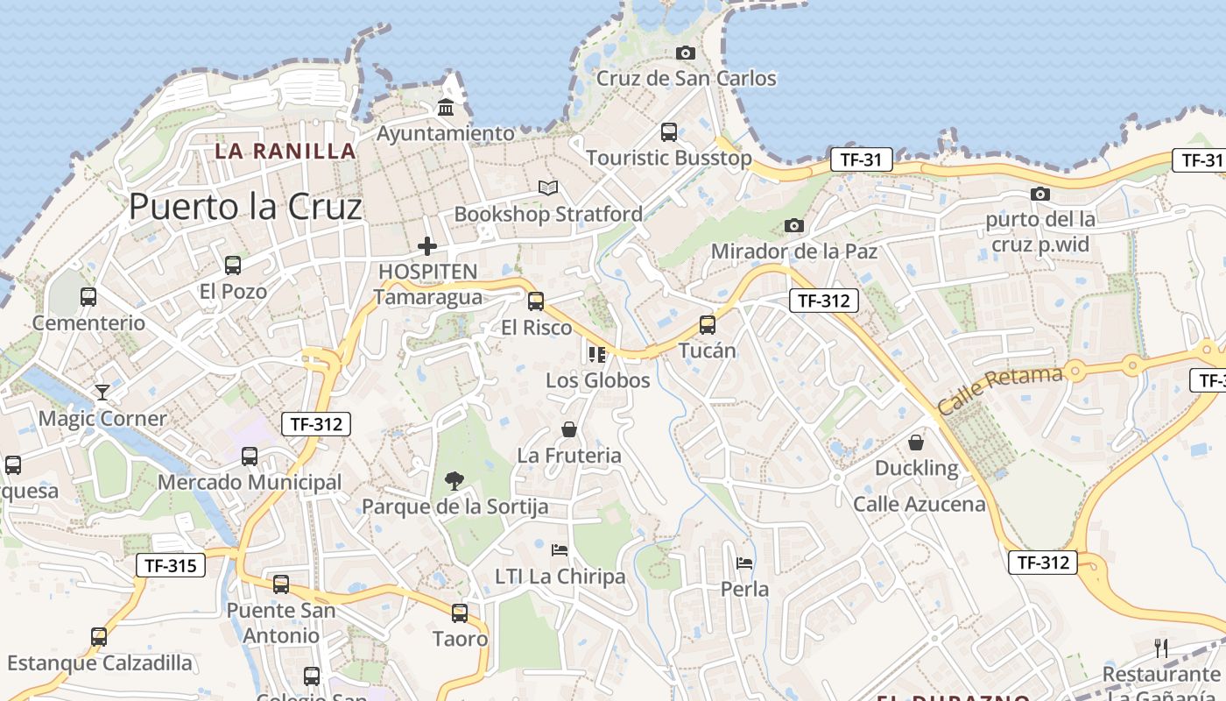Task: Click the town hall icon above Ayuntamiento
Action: click(x=446, y=108)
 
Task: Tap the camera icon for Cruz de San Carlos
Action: click(x=686, y=53)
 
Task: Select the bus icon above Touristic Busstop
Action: click(x=668, y=132)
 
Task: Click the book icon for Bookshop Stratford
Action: click(x=548, y=188)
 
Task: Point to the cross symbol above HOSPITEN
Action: click(x=426, y=247)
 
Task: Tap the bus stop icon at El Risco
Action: click(x=536, y=301)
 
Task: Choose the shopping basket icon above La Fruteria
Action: click(x=569, y=429)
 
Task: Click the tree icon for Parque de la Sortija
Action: click(x=454, y=479)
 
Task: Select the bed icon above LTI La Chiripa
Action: click(x=560, y=550)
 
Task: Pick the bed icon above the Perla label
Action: click(x=744, y=563)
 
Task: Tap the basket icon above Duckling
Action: click(x=916, y=442)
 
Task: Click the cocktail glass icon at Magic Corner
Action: click(x=102, y=392)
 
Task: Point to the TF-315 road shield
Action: click(x=171, y=565)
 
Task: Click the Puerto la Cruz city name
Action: click(x=245, y=207)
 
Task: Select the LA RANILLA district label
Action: click(x=285, y=151)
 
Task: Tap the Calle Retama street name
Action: click(x=1000, y=391)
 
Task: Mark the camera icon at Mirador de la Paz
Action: click(x=793, y=225)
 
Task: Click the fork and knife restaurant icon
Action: click(x=1161, y=648)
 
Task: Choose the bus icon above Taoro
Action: click(x=460, y=613)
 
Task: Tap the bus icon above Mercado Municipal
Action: click(x=250, y=456)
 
